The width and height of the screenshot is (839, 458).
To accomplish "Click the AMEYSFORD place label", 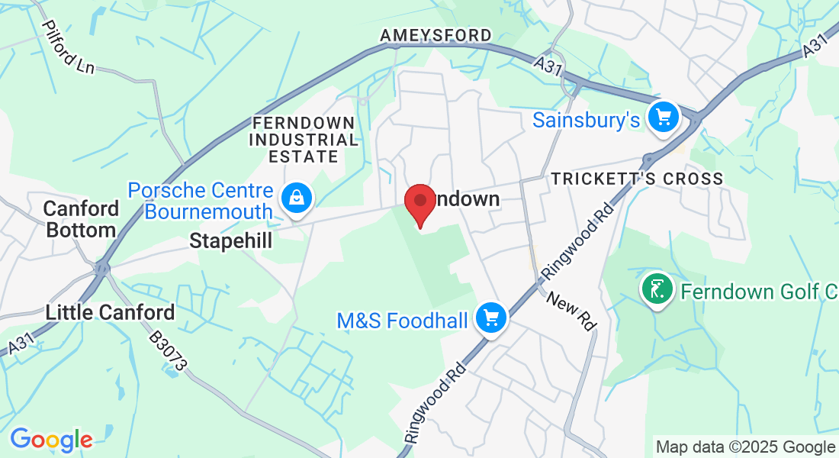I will click(436, 36).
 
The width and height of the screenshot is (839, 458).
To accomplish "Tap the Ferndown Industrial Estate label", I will click(303, 140).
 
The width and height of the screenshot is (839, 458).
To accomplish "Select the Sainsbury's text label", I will click(586, 120).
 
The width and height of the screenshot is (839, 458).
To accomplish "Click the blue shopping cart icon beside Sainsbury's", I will click(663, 117).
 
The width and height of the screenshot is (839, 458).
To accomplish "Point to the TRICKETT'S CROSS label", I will click(637, 179).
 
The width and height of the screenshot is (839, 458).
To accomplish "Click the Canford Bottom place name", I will click(81, 219).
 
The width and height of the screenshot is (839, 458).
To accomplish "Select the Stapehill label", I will click(230, 241).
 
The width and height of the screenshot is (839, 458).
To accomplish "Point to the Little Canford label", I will click(111, 312).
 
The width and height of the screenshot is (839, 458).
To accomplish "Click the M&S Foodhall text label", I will click(402, 321).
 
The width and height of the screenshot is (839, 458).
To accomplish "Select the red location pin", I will click(419, 203).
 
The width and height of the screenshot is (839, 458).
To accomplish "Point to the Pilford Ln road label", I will click(68, 47).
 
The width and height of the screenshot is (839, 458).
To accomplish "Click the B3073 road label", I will click(167, 352).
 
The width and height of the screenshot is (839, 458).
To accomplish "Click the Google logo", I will click(51, 440).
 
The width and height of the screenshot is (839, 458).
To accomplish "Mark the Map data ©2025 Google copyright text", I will click(745, 447).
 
